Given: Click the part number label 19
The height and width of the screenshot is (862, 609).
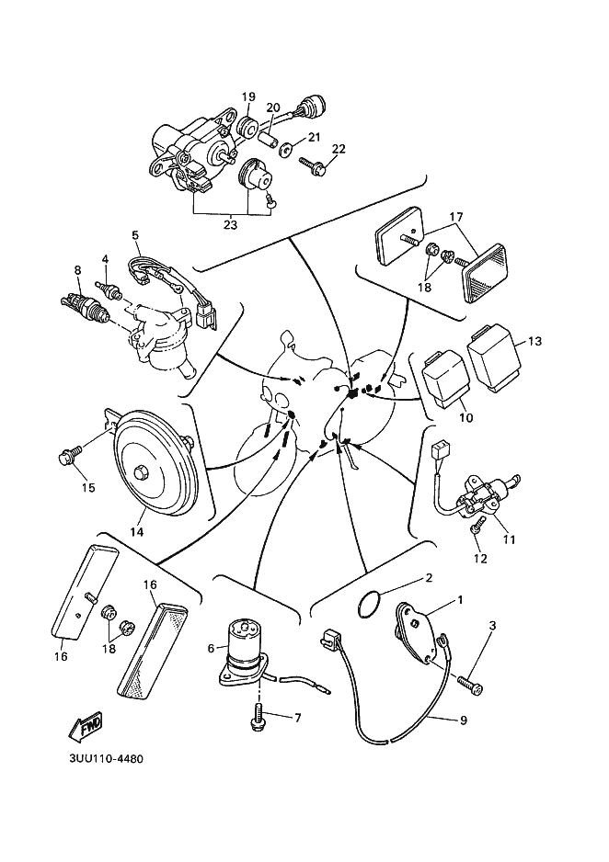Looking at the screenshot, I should point(248,97).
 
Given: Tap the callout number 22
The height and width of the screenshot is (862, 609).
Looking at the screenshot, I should point(339,149).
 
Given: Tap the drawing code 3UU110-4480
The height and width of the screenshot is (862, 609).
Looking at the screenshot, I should point(105,760).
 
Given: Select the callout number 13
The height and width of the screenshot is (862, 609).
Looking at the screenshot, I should point(534,341).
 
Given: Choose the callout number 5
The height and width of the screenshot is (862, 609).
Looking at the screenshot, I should point(135,235).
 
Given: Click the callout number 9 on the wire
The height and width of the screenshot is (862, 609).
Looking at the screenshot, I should point(463,720).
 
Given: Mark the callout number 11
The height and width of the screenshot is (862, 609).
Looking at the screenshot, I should point(509,540).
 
